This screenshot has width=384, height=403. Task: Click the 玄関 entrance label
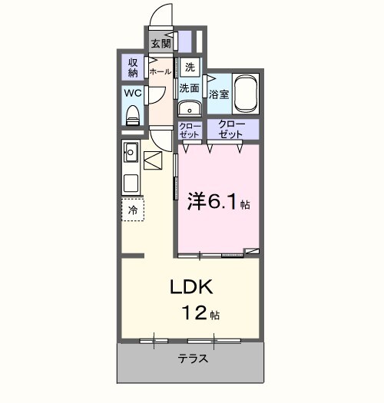coord(161,42)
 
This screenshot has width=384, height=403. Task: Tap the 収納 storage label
coord(133,67)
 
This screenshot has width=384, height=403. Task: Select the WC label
coord(132,94)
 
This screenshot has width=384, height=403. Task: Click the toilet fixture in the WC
coord(133,115)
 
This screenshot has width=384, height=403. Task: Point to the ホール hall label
coord(160,71)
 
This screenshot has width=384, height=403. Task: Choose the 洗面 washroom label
coord(189,88)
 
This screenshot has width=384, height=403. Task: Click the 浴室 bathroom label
coord(219,94)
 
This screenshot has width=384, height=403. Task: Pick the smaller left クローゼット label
coord(189,130)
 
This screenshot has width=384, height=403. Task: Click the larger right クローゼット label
coord(230,129)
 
